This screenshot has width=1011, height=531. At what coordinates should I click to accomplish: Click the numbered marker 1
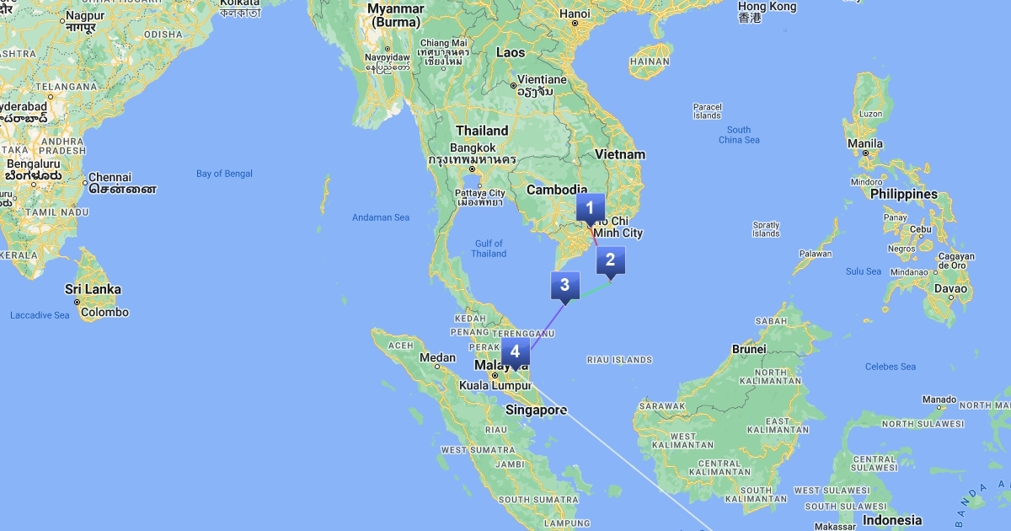click(x=590, y=208)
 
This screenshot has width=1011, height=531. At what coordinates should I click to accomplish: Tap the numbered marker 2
click(x=610, y=260)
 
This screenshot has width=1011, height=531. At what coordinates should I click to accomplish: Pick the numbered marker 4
click(x=515, y=352)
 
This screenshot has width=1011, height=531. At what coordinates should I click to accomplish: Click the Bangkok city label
click(x=473, y=147)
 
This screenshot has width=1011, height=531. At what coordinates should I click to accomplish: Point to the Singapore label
click(x=536, y=410)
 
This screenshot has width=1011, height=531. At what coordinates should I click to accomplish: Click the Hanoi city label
click(x=575, y=13)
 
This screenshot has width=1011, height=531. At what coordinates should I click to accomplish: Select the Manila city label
click(x=865, y=143)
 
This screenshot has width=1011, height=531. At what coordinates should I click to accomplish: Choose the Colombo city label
click(x=104, y=312)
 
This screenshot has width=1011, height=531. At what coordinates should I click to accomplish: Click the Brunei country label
click(x=749, y=348)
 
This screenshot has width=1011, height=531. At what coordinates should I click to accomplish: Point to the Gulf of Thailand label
click(x=489, y=249)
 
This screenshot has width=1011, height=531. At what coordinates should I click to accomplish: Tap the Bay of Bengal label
click(x=224, y=174)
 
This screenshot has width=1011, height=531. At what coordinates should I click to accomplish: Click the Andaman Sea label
click(x=381, y=217)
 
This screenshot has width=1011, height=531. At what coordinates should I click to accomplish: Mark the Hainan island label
click(x=650, y=62)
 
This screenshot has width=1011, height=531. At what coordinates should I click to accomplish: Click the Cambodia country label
click(x=556, y=190)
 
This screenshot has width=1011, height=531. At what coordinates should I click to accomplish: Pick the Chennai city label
click(x=110, y=177)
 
